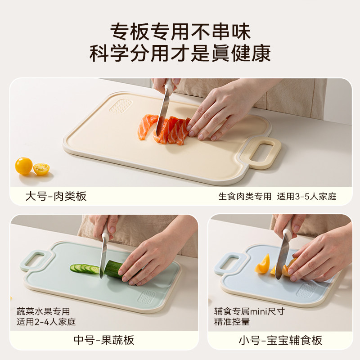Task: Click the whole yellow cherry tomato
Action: pos(23,166)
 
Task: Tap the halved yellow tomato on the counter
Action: pos(41,169)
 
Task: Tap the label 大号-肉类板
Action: pos(56,196)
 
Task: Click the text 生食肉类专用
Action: pos(245,197)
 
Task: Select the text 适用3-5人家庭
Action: pos(307,197)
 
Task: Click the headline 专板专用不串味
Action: pos(180,32)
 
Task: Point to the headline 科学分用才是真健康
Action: pos(180,54)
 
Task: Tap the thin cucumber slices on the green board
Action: pos(85,268)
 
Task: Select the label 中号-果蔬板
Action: pos(104,340)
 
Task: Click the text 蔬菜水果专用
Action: pos(44,311)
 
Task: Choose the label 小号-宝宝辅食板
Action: pos(280,340)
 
